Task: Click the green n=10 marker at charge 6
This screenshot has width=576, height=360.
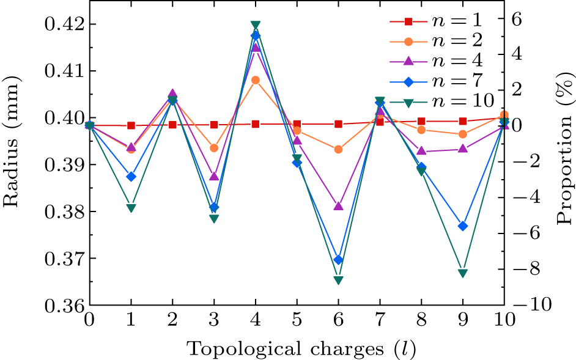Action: [x=338, y=280]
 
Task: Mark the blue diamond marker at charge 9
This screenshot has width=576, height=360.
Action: [x=463, y=226]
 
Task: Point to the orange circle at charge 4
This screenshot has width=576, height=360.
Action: [x=256, y=79]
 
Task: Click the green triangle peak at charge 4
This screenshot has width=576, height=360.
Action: [x=256, y=25]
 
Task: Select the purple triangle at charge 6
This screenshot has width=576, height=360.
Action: [x=338, y=206]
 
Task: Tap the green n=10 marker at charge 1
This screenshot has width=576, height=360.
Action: [x=131, y=208]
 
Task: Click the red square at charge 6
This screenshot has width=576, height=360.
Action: [x=338, y=124]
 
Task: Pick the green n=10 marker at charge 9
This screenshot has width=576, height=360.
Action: [x=463, y=273]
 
